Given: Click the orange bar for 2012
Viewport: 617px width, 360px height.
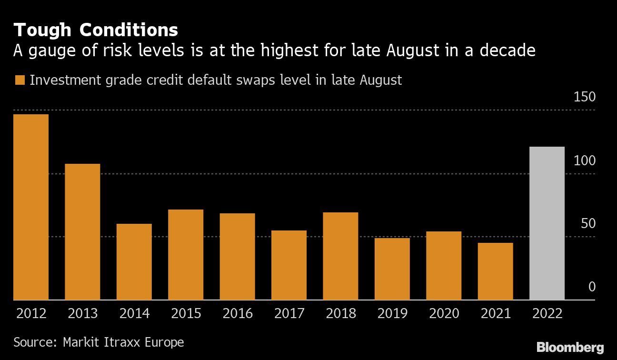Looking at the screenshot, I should pyautogui.click(x=31, y=207).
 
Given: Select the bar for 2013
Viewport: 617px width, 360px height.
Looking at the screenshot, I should pyautogui.click(x=82, y=232).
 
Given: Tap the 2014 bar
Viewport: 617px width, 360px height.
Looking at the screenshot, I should pyautogui.click(x=134, y=262).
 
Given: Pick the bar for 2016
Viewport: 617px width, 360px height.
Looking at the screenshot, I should pyautogui.click(x=237, y=257).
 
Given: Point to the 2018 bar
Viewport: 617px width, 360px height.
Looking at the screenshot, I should pyautogui.click(x=340, y=256).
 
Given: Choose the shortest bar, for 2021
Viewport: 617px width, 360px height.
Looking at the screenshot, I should pyautogui.click(x=495, y=271).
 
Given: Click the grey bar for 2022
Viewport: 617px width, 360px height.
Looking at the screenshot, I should pyautogui.click(x=547, y=223).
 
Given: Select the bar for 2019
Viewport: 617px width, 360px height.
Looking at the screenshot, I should pyautogui.click(x=392, y=269).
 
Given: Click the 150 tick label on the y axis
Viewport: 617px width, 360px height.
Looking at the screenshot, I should pyautogui.click(x=585, y=97).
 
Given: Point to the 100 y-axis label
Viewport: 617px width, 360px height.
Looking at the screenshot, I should pyautogui.click(x=585, y=160).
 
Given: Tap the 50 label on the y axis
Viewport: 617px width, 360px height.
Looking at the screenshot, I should pyautogui.click(x=588, y=224).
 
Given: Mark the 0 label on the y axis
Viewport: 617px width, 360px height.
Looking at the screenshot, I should pyautogui.click(x=592, y=287).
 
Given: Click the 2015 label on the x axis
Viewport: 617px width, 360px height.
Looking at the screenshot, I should pyautogui.click(x=185, y=313).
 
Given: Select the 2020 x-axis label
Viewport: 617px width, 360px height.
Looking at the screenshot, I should pyautogui.click(x=444, y=313).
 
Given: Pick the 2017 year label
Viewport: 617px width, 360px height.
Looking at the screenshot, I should pyautogui.click(x=289, y=313).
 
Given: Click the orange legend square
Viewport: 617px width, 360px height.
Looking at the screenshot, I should pyautogui.click(x=20, y=80).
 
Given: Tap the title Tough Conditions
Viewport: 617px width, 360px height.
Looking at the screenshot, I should pyautogui.click(x=96, y=30).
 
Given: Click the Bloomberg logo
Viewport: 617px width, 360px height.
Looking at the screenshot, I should pyautogui.click(x=570, y=347).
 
